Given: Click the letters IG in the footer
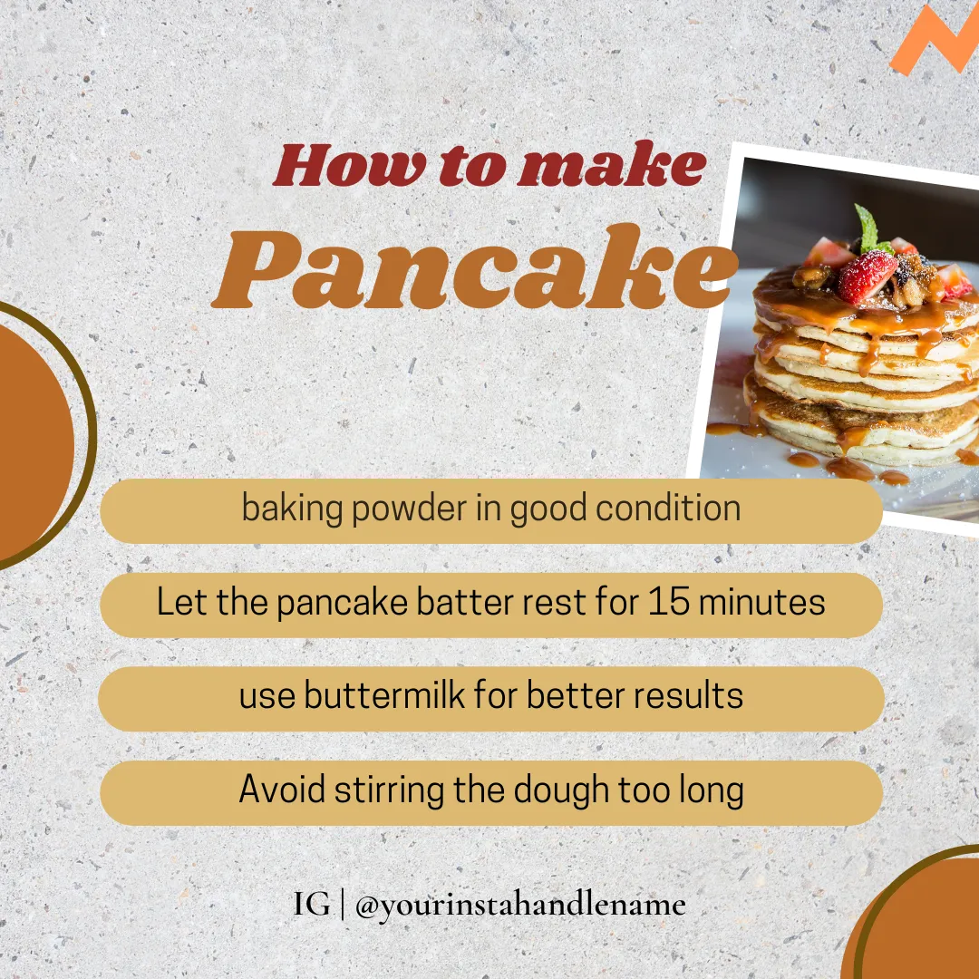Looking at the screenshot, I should tap(311, 904).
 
